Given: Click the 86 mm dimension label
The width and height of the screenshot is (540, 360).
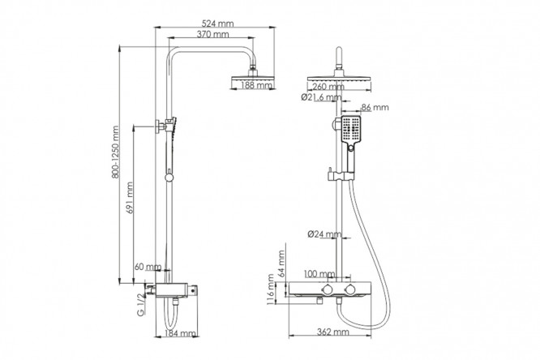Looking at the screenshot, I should click(x=375, y=107).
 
